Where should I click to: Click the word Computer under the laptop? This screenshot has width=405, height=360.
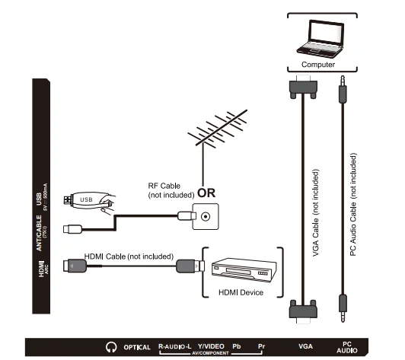coord(317,65)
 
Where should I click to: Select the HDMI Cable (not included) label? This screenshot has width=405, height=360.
coord(132,256)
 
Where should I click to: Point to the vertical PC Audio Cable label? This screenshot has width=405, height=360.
coord(354,214)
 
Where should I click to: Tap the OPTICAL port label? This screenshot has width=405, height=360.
coord(137,348)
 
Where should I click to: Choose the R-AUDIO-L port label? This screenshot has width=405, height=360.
coord(174,346)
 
